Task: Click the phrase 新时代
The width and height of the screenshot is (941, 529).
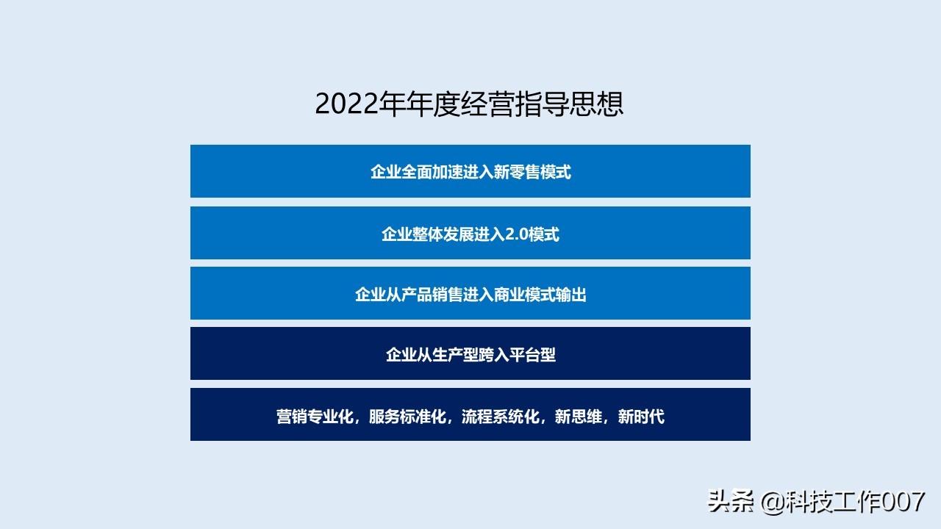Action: coord(641,417)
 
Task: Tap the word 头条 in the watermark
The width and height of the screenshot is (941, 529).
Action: coord(731,503)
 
